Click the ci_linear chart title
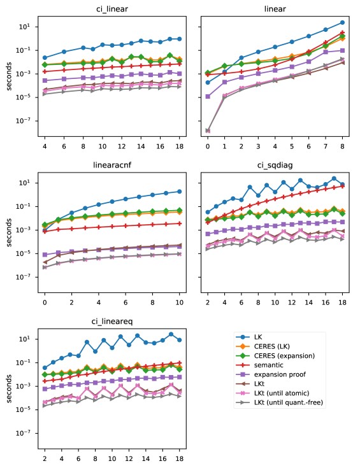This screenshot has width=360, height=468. tap(112, 9)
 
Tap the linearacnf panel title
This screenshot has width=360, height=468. tap(112, 165)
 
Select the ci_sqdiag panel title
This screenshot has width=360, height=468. tap(275, 165)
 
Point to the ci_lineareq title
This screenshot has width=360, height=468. tap(112, 322)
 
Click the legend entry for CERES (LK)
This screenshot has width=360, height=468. tap(272, 346)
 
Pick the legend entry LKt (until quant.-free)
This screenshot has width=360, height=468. tap(289, 402)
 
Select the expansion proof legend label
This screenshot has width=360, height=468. tap(280, 374)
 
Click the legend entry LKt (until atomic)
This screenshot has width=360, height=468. tap(282, 394)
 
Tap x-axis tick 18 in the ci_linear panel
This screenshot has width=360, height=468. tap(179, 146)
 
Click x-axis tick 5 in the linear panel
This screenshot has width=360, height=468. tap(292, 146)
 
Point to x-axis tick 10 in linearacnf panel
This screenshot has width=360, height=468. tap(179, 302)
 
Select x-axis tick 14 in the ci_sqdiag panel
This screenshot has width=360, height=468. tap(308, 302)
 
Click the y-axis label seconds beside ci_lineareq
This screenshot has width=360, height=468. tap(9, 388)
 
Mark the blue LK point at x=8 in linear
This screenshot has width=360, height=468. tap(342, 23)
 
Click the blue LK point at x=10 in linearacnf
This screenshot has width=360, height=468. tap(179, 192)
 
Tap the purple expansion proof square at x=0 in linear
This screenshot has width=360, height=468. tap(208, 96)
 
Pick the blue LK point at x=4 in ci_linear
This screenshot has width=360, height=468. tap(45, 57)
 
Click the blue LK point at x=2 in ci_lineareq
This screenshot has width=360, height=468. tap(45, 368)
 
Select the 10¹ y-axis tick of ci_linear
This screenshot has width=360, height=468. tap(24, 27)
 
